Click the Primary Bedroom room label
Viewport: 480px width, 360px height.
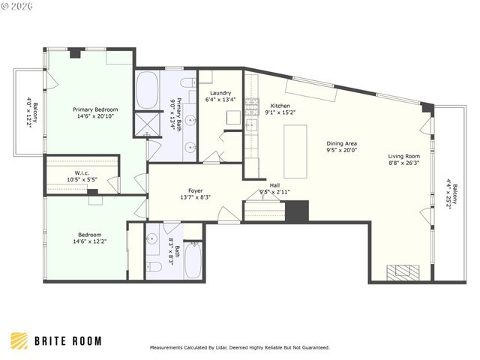coord(95,109)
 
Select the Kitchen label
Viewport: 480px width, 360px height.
coord(280,106)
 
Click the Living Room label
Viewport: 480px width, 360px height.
coord(403,156)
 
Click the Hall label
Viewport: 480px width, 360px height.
coord(274,185)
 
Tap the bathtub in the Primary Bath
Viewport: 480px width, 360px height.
coord(147,91)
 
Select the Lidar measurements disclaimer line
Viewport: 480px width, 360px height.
coord(239,348)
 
